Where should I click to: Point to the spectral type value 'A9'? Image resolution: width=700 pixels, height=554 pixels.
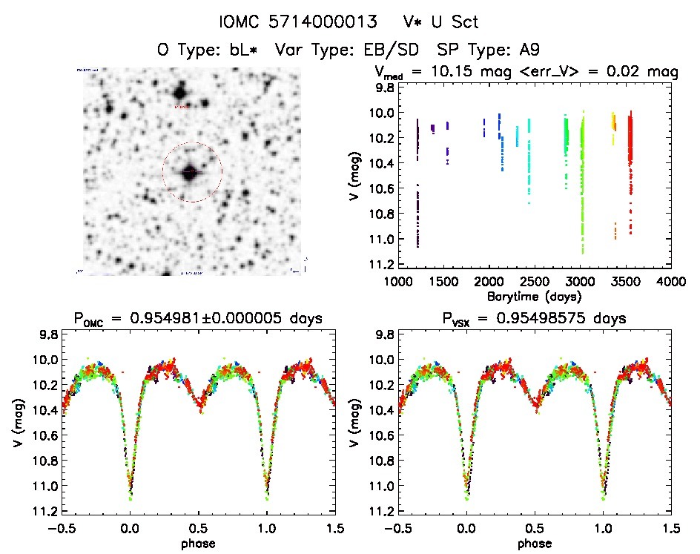(x=529, y=50)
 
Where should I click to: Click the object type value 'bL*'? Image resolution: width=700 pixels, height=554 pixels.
(x=247, y=50)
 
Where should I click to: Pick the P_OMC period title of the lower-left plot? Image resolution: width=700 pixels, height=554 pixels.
(x=197, y=320)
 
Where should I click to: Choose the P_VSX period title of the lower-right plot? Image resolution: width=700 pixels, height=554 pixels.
(x=534, y=320)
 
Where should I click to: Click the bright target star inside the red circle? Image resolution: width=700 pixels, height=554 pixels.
(x=190, y=172)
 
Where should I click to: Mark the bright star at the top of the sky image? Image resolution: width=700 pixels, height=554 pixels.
(x=179, y=93)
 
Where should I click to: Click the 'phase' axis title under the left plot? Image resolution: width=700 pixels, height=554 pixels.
(x=197, y=544)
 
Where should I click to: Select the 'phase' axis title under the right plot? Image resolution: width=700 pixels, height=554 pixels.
(x=534, y=544)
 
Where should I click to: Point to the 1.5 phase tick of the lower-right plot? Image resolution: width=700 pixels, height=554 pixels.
(x=671, y=528)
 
